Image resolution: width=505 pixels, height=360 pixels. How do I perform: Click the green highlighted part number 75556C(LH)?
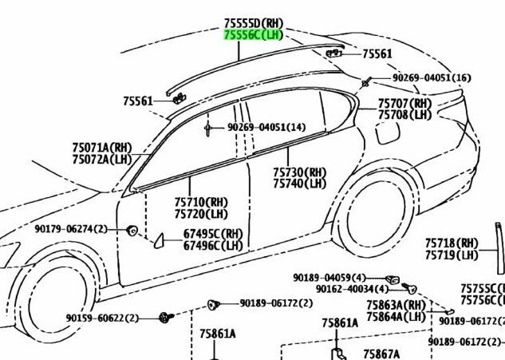(x=254, y=35)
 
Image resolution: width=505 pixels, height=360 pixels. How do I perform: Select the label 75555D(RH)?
(x=254, y=23)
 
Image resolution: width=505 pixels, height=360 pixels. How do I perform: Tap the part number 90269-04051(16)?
(x=432, y=77)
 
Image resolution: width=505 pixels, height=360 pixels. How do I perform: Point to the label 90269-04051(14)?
(x=266, y=127)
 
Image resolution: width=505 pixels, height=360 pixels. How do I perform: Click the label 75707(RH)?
(x=404, y=104)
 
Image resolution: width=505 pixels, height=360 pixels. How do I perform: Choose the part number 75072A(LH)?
(x=102, y=159)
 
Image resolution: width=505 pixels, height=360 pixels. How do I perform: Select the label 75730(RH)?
(x=299, y=172)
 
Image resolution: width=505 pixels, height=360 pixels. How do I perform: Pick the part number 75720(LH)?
(x=201, y=214)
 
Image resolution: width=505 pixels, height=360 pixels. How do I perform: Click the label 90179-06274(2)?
(x=71, y=229)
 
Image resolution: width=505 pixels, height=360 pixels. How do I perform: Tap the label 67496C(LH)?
(x=213, y=246)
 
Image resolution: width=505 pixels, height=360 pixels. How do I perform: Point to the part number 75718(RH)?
(x=452, y=243)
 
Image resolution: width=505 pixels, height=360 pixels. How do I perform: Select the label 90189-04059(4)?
(x=329, y=278)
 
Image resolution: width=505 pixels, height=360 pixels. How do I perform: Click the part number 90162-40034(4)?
(x=353, y=289)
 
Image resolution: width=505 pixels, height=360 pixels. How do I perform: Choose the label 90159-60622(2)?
(x=102, y=318)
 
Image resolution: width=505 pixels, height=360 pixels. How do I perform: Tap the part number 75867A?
(x=381, y=354)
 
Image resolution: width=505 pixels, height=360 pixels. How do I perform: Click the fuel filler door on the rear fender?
(x=388, y=132)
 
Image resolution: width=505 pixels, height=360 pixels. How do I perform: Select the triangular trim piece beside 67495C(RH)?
(x=159, y=241)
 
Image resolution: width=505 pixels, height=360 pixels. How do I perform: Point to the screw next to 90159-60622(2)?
(x=166, y=318)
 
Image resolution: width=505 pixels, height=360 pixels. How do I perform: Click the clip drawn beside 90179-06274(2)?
(x=132, y=231)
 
